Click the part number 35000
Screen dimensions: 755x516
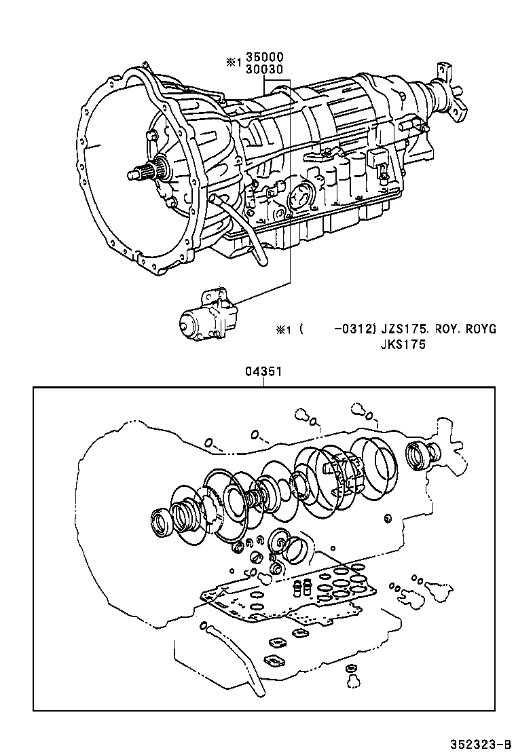tap(265, 58)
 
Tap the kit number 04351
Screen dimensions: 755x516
tap(263, 372)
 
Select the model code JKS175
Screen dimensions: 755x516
tap(402, 344)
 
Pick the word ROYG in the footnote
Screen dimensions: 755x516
tap(481, 329)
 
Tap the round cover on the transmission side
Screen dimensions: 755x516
tap(299, 196)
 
